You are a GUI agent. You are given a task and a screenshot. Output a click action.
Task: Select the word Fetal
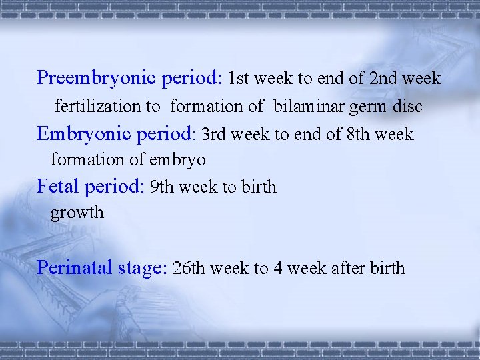pyautogui.click(x=59, y=186)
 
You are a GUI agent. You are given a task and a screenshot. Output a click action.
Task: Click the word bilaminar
pyautogui.click(x=306, y=106)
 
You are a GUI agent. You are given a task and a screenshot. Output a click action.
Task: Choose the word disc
pyautogui.click(x=407, y=106)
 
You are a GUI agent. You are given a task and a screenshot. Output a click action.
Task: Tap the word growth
pyautogui.click(x=77, y=213)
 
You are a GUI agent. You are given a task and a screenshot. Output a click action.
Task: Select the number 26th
pyautogui.click(x=188, y=269)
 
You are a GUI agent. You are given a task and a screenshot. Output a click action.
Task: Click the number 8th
pyautogui.click(x=359, y=135)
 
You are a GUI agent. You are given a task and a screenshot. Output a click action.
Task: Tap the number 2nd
pyautogui.click(x=382, y=79)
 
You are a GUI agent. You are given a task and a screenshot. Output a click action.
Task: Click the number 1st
pyautogui.click(x=239, y=79)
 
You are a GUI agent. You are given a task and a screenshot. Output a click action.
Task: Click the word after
pyautogui.click(x=349, y=269)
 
